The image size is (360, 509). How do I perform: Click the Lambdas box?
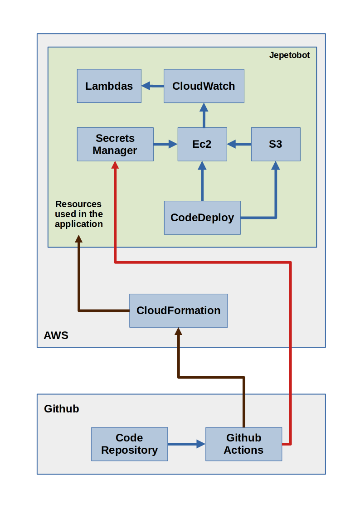tap(109, 86)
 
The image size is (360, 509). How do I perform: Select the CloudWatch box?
tap(204, 86)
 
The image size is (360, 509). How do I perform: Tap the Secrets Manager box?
tap(115, 144)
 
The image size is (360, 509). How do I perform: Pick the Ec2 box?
tap(202, 144)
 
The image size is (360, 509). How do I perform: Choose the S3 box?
tap(276, 144)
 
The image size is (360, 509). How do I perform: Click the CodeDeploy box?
tap(202, 218)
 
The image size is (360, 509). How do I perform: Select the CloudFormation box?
tap(178, 310)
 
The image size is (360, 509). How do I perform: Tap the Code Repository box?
tap(129, 444)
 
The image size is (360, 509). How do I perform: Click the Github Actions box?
tap(243, 444)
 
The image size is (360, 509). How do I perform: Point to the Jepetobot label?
tap(289, 55)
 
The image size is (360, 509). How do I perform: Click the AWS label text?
tap(56, 336)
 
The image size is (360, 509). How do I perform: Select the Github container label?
tap(61, 409)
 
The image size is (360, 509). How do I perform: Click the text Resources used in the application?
tap(79, 214)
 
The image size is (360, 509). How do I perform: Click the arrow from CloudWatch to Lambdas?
tap(152, 86)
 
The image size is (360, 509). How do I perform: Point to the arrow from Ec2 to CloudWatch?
tap(204, 115)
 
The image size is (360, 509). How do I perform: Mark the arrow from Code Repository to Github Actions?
tap(186, 444)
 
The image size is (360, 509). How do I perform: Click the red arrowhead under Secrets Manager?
tap(115, 165)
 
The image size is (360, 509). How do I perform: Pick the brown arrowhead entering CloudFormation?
tap(179, 332)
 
